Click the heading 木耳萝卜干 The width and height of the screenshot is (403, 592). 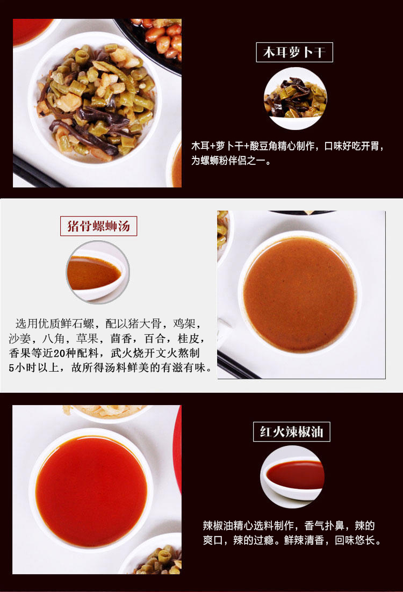click(x=294, y=52)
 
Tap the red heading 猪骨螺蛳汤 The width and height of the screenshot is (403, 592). click(x=98, y=226)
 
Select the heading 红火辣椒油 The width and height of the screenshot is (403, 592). click(x=292, y=431)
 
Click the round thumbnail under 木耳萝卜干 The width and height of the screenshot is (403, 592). click(x=296, y=99)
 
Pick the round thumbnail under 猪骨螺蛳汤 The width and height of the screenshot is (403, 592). click(x=98, y=272)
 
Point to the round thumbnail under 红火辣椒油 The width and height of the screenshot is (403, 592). click(x=292, y=477)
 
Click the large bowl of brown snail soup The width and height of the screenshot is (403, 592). click(x=299, y=294)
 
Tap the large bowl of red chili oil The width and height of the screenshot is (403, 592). click(x=91, y=490)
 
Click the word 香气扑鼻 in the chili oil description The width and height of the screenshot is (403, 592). click(x=323, y=525)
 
